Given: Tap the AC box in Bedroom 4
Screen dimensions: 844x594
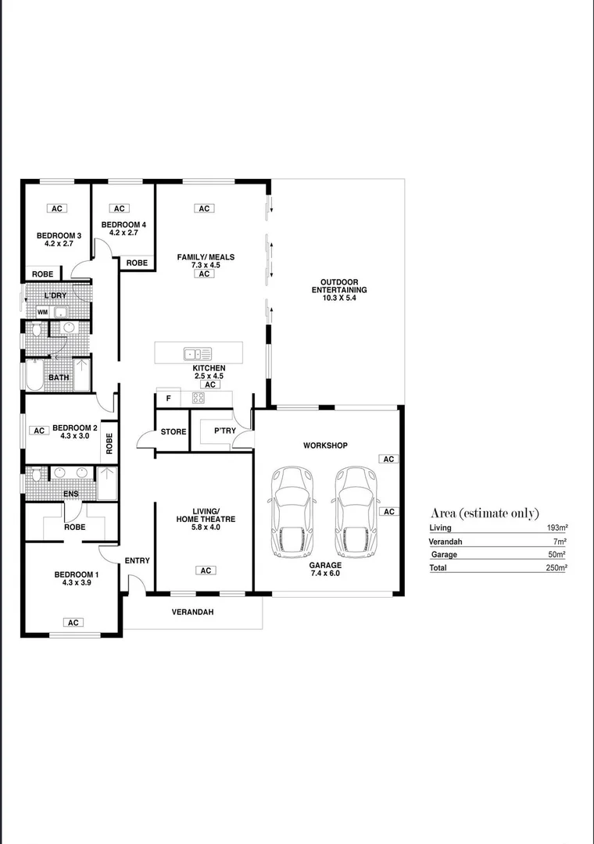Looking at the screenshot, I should click(x=120, y=209).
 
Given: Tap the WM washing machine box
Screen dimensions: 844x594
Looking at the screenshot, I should click(x=41, y=312).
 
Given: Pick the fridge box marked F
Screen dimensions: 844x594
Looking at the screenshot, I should click(x=168, y=399).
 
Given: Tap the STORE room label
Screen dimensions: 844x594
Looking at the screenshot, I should click(x=174, y=432).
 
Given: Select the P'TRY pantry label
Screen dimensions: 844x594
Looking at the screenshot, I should click(x=214, y=431).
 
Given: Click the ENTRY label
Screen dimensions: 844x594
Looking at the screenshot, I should click(x=137, y=560).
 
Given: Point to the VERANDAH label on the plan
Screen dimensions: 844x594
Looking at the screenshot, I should click(x=192, y=612).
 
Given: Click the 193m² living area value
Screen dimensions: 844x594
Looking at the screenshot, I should click(x=556, y=528).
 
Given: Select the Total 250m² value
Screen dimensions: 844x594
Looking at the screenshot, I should click(x=556, y=568).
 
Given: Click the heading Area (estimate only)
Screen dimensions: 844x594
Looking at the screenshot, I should click(x=485, y=513).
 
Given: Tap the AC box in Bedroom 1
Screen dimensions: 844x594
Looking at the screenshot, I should click(x=73, y=623).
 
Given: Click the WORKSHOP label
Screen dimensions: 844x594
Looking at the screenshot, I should click(x=325, y=445).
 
